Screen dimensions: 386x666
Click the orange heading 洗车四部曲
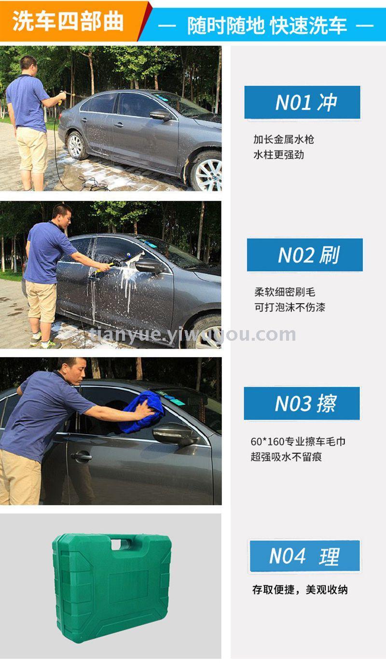68,21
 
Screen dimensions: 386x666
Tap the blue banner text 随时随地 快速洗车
267,26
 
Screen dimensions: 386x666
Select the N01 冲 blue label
303,103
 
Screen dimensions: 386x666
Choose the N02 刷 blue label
305,255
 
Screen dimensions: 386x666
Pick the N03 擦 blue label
302,403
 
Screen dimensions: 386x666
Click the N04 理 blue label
304,556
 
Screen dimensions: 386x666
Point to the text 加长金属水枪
284,139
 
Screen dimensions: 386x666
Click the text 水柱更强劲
278,155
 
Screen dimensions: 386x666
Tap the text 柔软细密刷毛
285,292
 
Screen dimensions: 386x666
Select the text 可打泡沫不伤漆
289,307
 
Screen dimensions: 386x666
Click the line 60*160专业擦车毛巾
298,441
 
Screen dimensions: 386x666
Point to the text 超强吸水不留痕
286,457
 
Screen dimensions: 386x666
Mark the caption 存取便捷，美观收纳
300,589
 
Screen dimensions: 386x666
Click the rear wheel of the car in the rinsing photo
76,145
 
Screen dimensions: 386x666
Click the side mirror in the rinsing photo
160,115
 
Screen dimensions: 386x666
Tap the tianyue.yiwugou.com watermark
193,335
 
